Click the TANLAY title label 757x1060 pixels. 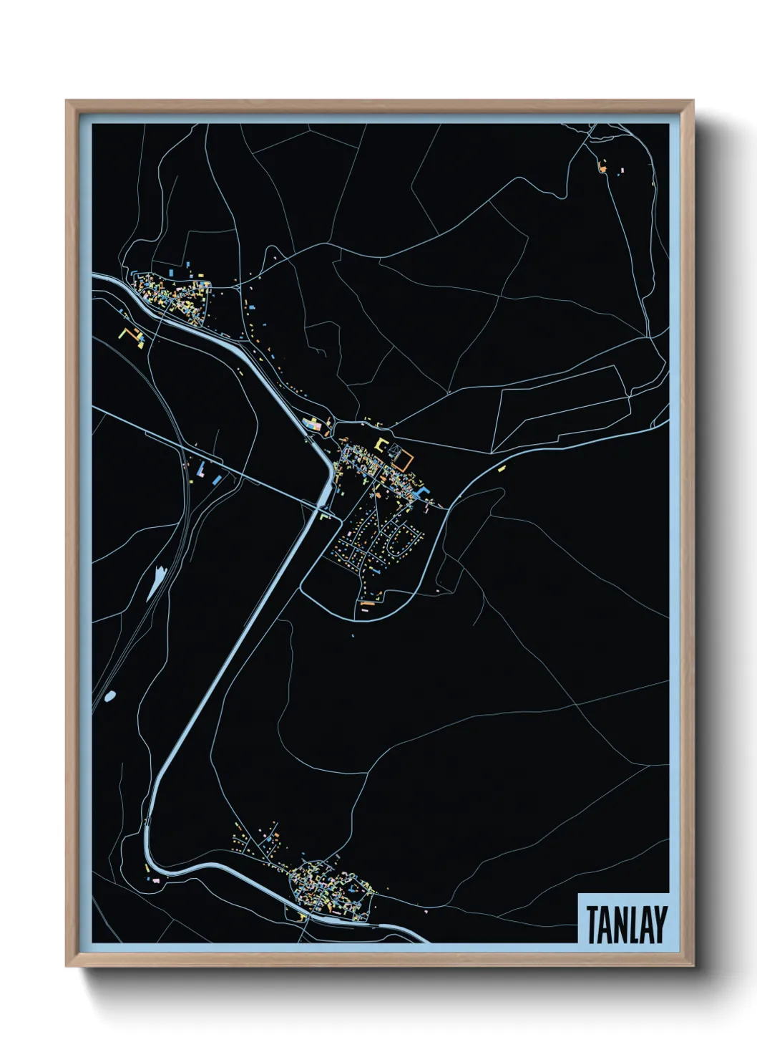pos(626,924)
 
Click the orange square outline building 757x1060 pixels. pos(404,459)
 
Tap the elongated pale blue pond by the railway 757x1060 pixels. pos(156,582)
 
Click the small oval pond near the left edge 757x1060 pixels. pos(109,695)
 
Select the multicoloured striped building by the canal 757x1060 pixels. pos(312,425)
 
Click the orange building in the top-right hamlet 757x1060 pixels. pos(602,169)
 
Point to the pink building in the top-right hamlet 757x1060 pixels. pos(622,170)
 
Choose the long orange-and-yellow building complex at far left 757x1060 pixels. pos(131,334)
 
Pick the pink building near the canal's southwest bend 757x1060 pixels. pos(155,879)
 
